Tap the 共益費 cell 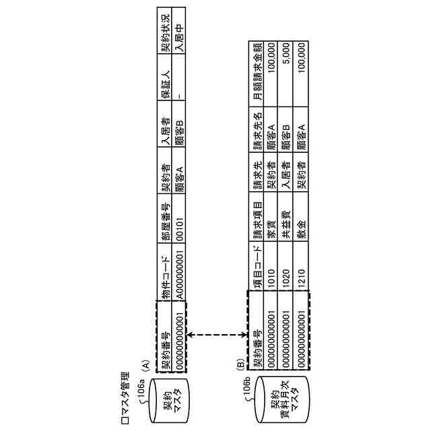click(x=285, y=235)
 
